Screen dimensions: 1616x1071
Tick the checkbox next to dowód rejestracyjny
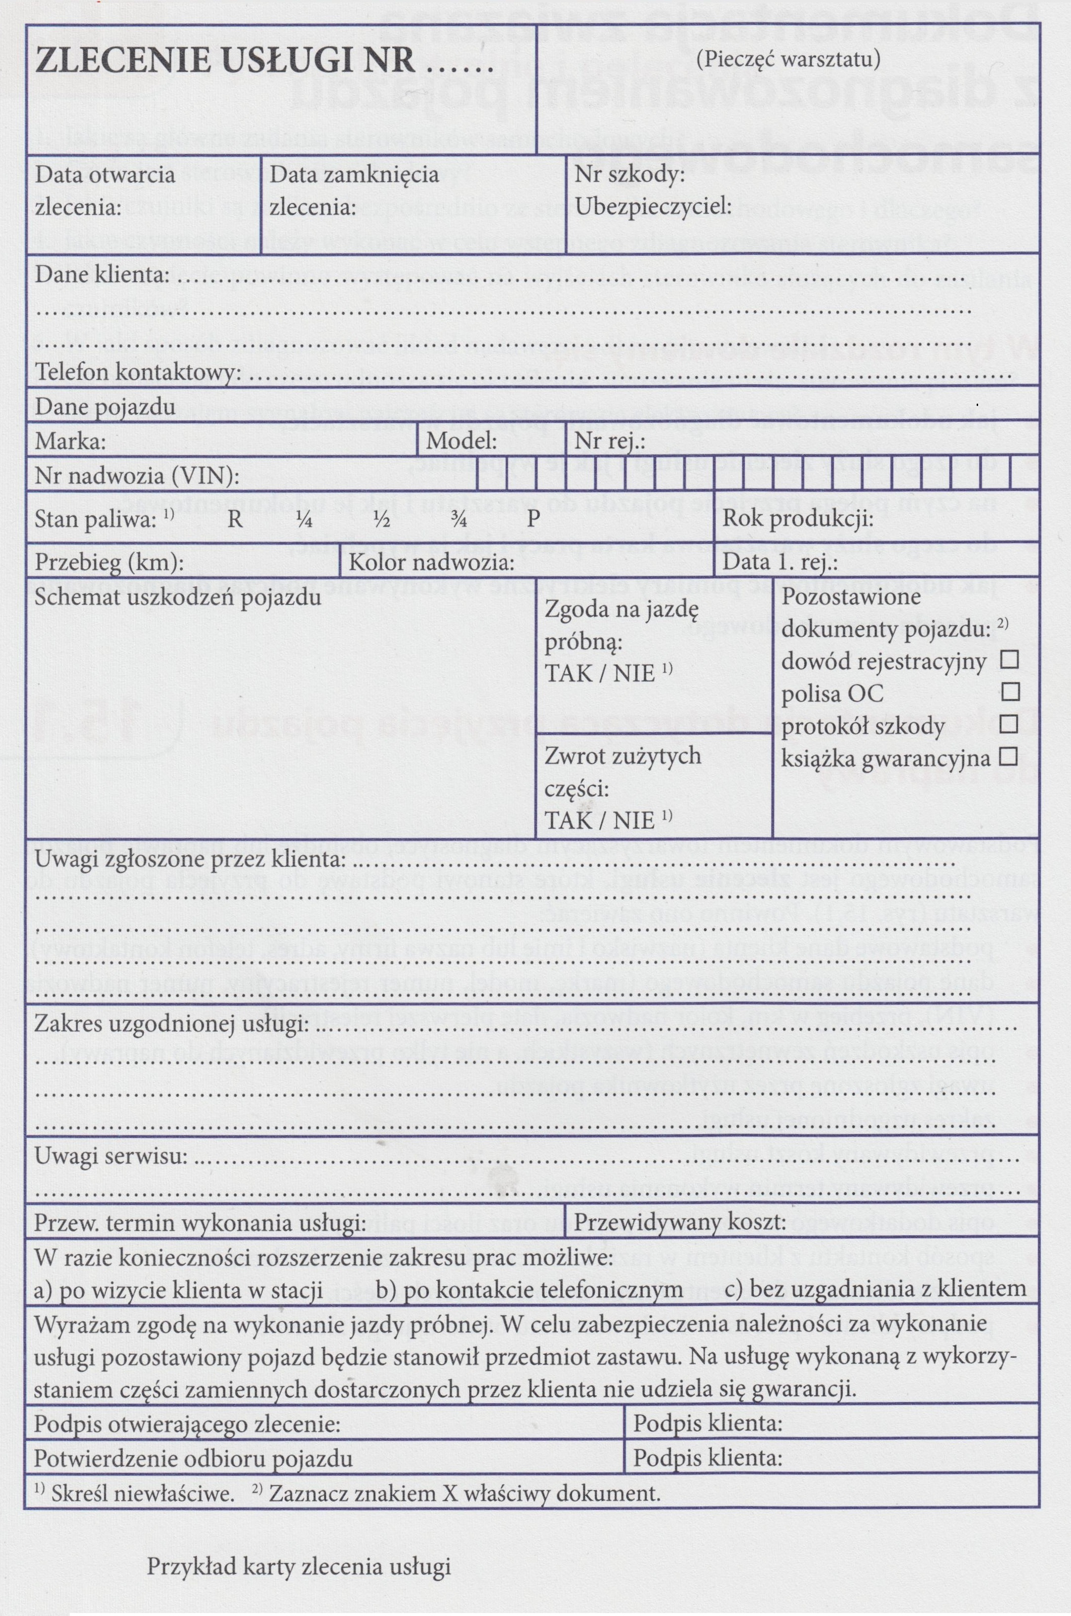[x=1009, y=659]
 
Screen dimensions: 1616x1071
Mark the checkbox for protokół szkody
[x=1009, y=724]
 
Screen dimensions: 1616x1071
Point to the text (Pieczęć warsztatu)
[x=788, y=59]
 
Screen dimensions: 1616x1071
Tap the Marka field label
[x=70, y=442]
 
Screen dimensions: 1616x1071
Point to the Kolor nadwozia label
[x=432, y=563]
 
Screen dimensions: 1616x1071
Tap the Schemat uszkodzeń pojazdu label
[x=177, y=598]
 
